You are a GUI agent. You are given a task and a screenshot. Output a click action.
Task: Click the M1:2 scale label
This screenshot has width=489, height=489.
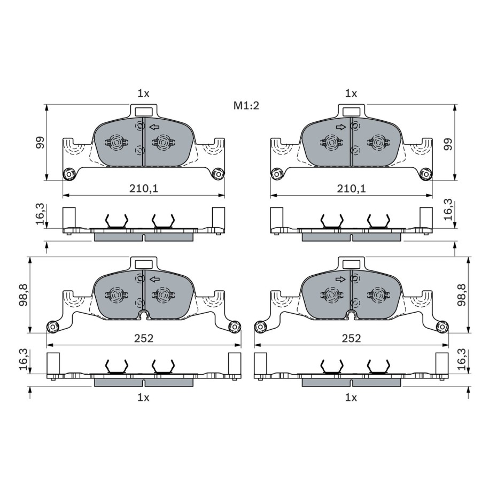[246, 106]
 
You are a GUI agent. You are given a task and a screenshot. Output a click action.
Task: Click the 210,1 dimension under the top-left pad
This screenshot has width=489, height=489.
[144, 188]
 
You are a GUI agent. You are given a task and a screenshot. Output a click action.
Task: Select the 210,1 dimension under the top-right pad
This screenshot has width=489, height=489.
[351, 188]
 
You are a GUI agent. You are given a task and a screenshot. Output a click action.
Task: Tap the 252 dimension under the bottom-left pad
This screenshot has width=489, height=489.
[144, 338]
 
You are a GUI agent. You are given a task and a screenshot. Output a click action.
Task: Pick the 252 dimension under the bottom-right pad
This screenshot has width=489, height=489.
[352, 338]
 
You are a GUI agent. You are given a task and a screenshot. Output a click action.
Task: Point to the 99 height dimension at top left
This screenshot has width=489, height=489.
[40, 142]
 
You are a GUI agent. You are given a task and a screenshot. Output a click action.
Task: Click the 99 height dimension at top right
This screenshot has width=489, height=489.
[448, 144]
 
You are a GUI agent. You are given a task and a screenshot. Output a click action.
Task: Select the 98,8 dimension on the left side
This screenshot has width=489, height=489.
[24, 294]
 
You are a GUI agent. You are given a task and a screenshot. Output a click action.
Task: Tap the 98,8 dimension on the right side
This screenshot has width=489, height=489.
[462, 294]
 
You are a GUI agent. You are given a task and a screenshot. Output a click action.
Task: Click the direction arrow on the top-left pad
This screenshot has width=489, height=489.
[154, 127]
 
